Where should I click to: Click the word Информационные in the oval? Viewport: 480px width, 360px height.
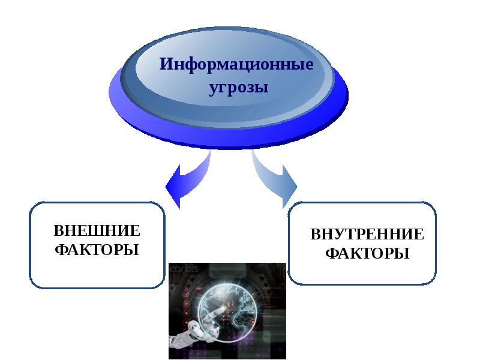click(236, 64)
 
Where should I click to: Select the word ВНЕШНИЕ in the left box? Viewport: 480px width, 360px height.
click(97, 231)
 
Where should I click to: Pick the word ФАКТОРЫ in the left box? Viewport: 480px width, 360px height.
click(97, 249)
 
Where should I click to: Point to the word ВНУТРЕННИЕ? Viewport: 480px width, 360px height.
click(367, 235)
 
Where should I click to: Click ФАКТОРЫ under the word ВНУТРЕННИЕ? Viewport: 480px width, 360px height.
click(367, 253)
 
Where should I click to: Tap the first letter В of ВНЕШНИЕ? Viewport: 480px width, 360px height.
click(58, 231)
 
